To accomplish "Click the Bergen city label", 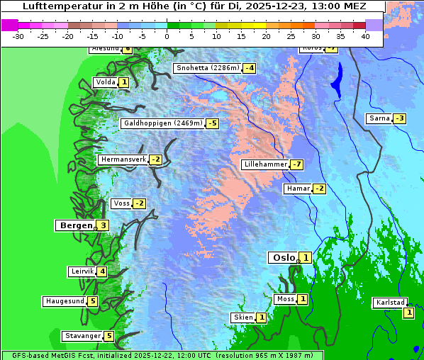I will point(75,225).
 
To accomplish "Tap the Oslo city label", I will point(284,257).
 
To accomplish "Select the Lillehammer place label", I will point(265,164).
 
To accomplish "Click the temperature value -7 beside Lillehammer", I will point(296,164).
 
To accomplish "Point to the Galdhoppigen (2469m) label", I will point(163,123).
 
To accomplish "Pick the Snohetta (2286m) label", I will point(208,68).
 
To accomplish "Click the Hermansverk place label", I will point(123,159).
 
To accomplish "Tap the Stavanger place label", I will point(82,336).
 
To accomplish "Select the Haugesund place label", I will point(65,301).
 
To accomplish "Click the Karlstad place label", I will point(390,303).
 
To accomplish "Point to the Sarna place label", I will point(379,118).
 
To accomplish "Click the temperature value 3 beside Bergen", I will point(103,225).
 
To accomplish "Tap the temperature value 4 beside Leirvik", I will point(102,271).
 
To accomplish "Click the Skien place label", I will point(243,317).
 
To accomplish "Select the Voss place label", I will point(121,203).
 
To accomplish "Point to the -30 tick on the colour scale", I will point(19,35).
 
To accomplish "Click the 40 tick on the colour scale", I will point(365,35).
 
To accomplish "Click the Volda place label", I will point(105,82).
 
